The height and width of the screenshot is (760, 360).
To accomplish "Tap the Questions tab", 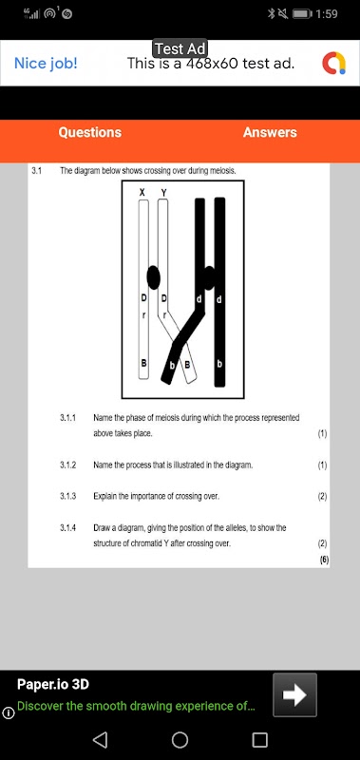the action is coord(89,132).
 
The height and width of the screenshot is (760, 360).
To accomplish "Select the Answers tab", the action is coord(270,132).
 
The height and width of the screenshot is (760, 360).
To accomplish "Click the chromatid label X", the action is coord(142,193).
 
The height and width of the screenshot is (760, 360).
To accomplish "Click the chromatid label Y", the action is coord(163,193).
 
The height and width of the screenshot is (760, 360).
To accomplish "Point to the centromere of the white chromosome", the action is coord(153,277).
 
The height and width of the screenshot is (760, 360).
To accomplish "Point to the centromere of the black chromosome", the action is coord(209,278).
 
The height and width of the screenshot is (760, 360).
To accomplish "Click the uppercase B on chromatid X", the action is coord(143,363).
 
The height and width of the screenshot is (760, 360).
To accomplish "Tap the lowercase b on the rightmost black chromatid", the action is coord(219,363).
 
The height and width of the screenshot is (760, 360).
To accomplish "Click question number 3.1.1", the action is coord(68,417).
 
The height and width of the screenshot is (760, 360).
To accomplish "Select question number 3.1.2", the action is coord(68,465).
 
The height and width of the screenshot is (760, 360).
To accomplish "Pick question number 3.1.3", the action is coord(68,496).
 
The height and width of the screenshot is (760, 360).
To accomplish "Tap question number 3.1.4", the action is coord(68,527).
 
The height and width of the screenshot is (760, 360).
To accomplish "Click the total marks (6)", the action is coord(324,560).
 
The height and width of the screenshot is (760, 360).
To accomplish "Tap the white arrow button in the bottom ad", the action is coord(294,694).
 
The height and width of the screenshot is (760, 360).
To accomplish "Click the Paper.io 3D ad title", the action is coord(53,684).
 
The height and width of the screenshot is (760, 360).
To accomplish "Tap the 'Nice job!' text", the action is coord(46,63).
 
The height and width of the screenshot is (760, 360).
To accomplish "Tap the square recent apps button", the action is coord(259,740).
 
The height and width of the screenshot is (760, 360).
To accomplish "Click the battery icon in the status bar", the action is coord(302,14).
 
